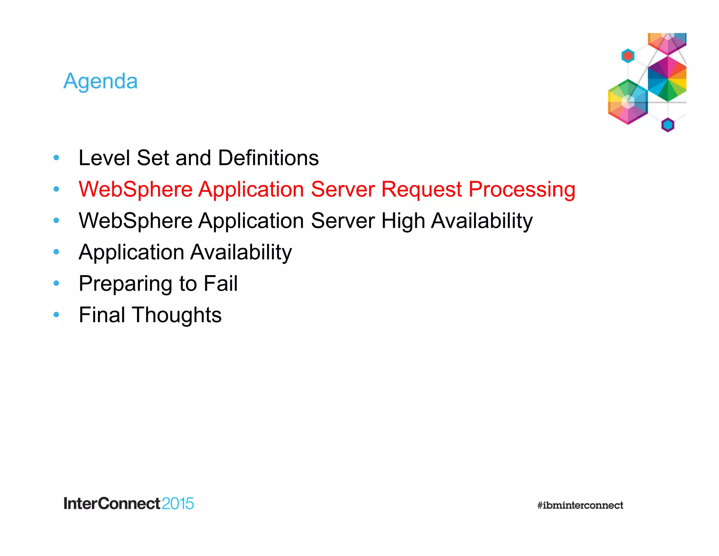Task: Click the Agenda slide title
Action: click(100, 81)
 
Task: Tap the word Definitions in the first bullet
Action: click(268, 158)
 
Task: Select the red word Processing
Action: click(522, 190)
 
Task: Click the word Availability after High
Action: click(482, 221)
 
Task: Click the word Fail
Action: click(220, 283)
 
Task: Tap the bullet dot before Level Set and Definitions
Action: click(56, 158)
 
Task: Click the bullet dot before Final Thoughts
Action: click(56, 315)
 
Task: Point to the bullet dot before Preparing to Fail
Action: click(56, 283)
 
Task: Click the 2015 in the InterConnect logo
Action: click(178, 504)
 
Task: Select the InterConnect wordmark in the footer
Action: click(112, 504)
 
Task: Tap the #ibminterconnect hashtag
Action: click(580, 505)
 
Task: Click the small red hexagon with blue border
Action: click(628, 56)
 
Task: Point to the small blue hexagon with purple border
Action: click(668, 125)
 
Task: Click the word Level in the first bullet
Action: click(105, 158)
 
